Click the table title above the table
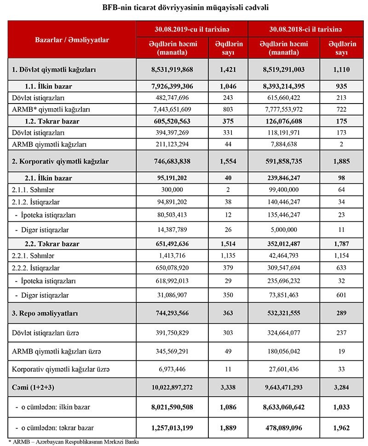[x=184, y=8]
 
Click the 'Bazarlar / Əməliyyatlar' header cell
[x=72, y=40]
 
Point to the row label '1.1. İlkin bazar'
[x=49, y=86]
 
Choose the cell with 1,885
[x=341, y=162]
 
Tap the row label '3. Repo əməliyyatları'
[x=45, y=313]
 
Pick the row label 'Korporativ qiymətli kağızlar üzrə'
[x=61, y=369]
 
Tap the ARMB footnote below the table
[x=74, y=442]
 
